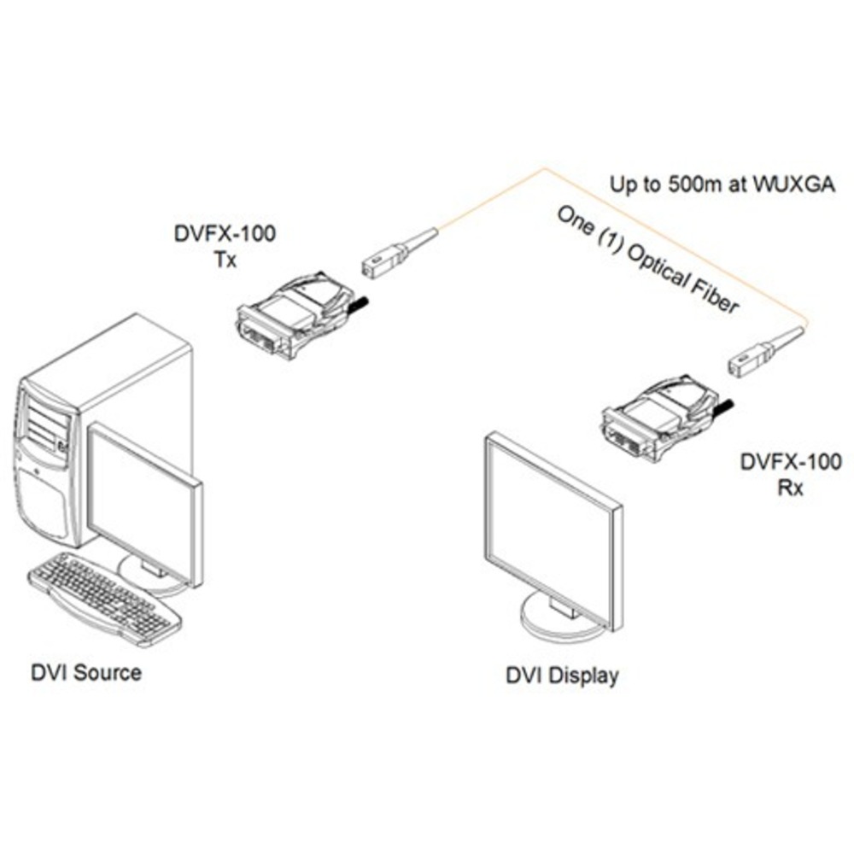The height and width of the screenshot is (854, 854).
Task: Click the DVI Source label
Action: coord(86,672)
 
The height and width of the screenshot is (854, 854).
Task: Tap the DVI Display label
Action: coord(561,676)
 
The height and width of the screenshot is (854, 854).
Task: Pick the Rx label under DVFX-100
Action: coord(791,491)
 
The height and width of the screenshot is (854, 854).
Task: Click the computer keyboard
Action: coord(102,597)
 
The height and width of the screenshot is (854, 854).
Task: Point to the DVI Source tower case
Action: coord(102,427)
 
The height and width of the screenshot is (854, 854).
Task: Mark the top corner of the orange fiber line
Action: coord(544,168)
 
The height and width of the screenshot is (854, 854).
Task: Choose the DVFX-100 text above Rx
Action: coord(791,464)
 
